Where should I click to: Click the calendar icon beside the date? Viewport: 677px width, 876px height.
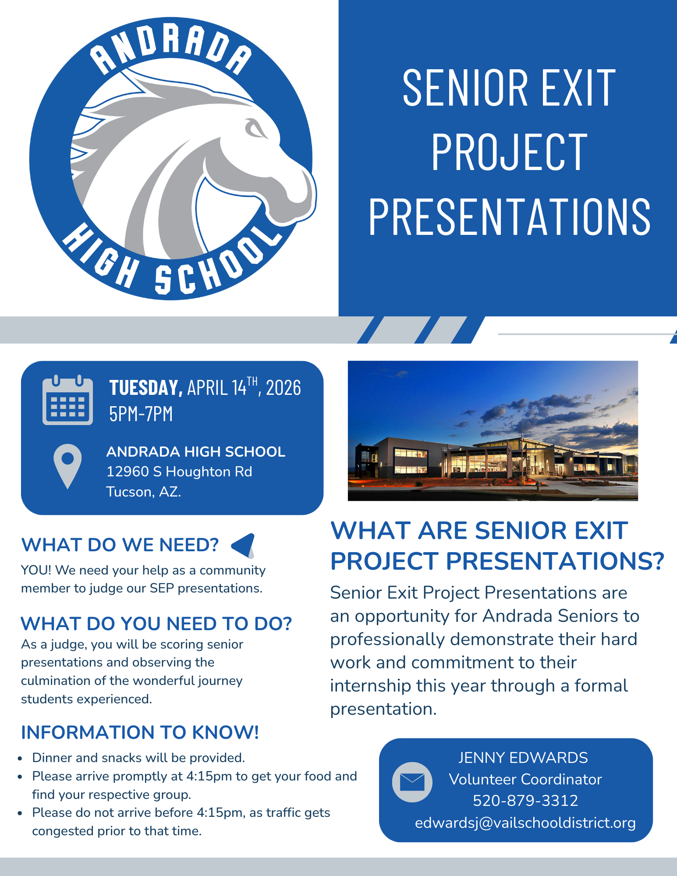pyautogui.click(x=67, y=400)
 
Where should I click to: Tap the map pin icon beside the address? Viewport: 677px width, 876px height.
pyautogui.click(x=67, y=466)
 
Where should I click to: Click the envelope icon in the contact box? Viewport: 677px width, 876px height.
pyautogui.click(x=412, y=782)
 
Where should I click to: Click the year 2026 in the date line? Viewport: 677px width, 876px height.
pyautogui.click(x=284, y=388)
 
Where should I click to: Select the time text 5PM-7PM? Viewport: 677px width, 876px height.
pyautogui.click(x=141, y=414)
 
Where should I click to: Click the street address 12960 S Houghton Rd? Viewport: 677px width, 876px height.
pyautogui.click(x=179, y=472)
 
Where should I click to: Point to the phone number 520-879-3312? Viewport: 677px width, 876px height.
pyautogui.click(x=525, y=801)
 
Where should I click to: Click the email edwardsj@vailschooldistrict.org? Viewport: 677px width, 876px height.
pyautogui.click(x=525, y=823)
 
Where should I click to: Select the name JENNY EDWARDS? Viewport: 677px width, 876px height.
pyautogui.click(x=523, y=758)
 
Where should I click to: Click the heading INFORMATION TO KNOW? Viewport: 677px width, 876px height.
pyautogui.click(x=140, y=732)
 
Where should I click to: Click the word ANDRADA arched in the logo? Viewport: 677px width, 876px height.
pyautogui.click(x=171, y=48)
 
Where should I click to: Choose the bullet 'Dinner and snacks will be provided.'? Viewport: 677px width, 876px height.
pyautogui.click(x=138, y=758)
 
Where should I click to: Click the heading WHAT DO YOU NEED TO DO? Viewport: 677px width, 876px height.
pyautogui.click(x=156, y=624)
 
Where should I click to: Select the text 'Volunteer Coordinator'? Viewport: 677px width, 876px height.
pyautogui.click(x=525, y=779)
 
